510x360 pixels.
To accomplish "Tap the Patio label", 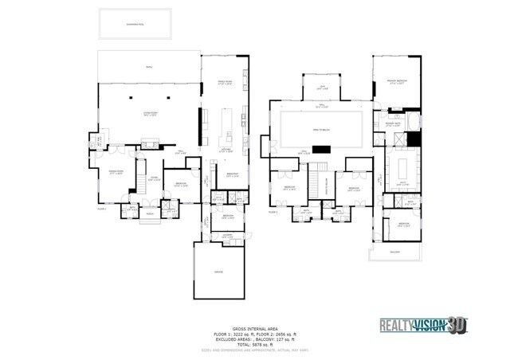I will [x=148, y=68].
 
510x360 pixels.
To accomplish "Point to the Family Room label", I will [x=225, y=82].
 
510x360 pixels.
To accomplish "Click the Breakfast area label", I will [x=233, y=175].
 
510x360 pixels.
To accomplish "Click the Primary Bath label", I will [x=392, y=124].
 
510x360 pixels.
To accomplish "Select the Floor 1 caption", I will [x=102, y=209].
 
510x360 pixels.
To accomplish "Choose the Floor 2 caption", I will [x=273, y=212].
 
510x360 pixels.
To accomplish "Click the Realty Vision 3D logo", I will [x=422, y=326].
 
